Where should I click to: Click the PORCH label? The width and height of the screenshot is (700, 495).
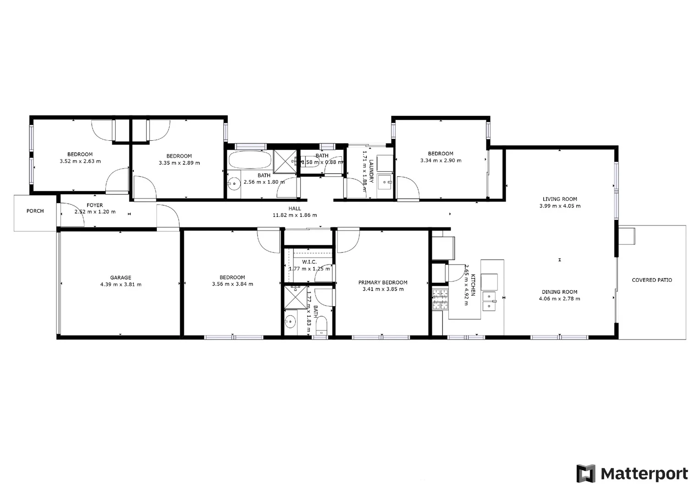coord(35,211)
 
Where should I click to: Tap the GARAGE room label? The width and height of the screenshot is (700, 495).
coord(121,277)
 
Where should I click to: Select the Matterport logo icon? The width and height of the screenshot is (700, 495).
coord(585,473)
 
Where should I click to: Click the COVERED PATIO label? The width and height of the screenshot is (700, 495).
coord(651,280)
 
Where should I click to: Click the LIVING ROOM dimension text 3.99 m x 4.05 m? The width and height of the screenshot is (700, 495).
coord(560,206)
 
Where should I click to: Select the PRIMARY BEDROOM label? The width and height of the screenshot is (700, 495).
coord(383,282)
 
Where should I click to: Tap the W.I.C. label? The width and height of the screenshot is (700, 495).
coord(309,262)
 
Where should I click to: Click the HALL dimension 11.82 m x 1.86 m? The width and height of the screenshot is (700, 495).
coord(294,215)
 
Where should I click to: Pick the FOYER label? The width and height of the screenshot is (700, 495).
coord(95,205)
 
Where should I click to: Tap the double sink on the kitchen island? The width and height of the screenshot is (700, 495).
coord(489,300)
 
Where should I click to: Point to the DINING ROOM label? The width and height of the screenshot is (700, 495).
coord(559,291)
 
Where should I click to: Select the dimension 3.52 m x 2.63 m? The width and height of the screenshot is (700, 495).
coord(80,161)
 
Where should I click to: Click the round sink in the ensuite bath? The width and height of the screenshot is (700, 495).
coord(290,322)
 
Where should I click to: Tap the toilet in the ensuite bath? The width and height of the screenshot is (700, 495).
coord(321,325)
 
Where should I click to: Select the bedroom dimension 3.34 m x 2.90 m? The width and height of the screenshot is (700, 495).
coord(441,160)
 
